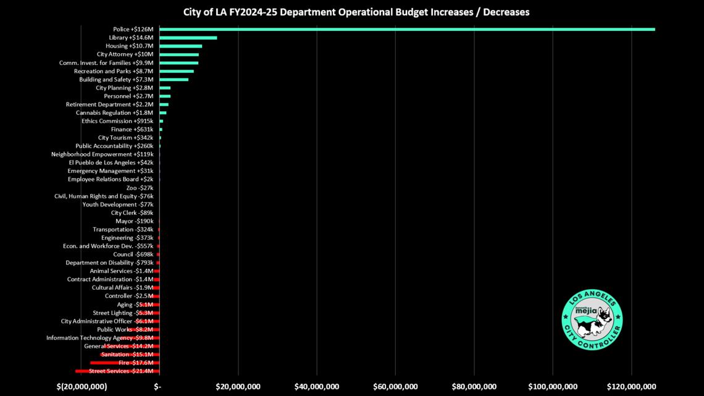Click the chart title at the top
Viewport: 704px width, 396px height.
click(356, 12)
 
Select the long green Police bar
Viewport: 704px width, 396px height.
click(407, 29)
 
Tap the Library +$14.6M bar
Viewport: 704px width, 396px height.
click(188, 38)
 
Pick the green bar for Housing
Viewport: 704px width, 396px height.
click(180, 46)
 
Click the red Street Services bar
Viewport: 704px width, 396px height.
click(117, 371)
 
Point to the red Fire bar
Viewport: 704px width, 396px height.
click(125, 363)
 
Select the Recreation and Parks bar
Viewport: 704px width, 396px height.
click(177, 72)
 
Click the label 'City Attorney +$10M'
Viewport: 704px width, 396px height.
click(125, 54)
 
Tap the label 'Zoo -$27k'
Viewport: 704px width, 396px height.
click(140, 188)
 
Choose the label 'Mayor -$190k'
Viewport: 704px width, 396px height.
click(134, 221)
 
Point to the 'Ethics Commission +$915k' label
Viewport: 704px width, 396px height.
click(117, 121)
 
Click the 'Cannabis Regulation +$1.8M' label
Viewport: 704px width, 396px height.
click(114, 112)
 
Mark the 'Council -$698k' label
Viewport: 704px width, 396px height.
click(133, 255)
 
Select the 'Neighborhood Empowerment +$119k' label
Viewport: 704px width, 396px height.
click(103, 154)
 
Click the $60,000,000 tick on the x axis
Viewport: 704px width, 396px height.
click(396, 387)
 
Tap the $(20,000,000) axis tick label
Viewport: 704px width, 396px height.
click(82, 387)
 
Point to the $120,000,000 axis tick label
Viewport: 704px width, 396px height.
click(632, 387)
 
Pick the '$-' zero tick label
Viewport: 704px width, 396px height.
click(157, 387)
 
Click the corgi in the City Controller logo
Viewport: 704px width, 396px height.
click(593, 321)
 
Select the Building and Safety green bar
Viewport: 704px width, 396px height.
click(174, 80)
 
